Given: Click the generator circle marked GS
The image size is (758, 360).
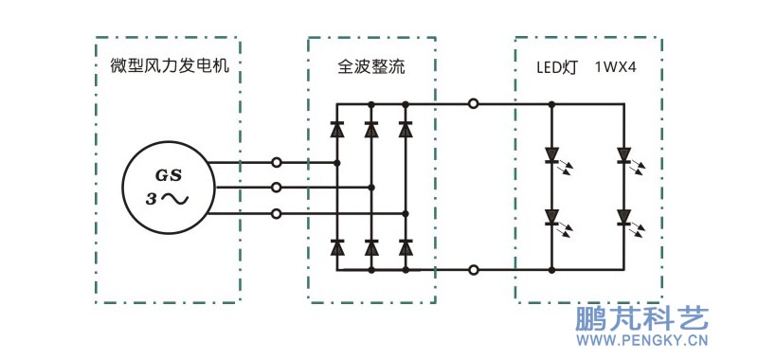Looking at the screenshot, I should point(167,188).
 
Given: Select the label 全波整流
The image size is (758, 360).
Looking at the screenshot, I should point(372,68).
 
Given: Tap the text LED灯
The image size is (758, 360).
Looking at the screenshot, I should point(558,68).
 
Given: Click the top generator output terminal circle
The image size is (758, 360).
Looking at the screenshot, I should point(276,163).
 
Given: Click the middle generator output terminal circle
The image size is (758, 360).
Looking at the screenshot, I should point(276,188).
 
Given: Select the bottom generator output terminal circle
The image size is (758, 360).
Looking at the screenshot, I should point(276,213).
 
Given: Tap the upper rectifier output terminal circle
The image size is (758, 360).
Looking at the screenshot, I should point(473,103).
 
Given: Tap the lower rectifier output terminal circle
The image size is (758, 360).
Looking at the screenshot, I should point(473,270).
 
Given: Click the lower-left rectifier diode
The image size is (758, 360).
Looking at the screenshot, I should point(336,247).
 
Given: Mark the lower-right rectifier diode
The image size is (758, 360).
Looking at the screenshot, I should point(406,247).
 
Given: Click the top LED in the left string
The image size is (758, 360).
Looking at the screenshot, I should point(552,155).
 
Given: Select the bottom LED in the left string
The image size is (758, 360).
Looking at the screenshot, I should point(552,217).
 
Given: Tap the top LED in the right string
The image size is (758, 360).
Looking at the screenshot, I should point(623,155).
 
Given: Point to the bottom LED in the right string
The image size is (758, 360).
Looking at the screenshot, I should point(623,217).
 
